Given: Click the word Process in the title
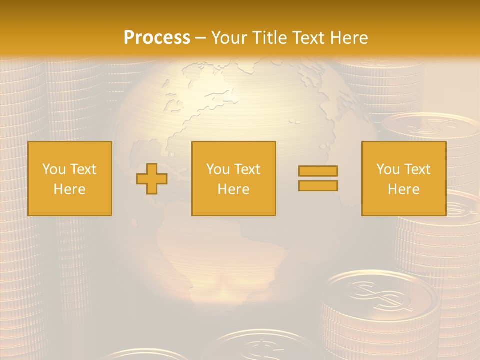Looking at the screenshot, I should tap(157, 37).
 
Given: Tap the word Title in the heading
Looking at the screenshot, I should tap(269, 37).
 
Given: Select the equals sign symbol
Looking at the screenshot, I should tap(318, 178).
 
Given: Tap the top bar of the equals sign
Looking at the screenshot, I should tap(318, 171).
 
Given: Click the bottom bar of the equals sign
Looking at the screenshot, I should tap(318, 185).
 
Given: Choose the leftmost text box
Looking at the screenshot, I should tap(70, 178).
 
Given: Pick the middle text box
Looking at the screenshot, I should tap(233, 178).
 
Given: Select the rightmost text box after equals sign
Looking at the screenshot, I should tap(404, 178).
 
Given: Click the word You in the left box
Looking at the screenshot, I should tap(54, 169).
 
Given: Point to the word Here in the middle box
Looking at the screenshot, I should tap(233, 189).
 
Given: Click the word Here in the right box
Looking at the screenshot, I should tap(404, 189).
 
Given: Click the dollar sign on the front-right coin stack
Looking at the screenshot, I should tap(378, 295).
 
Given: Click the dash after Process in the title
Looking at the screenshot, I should tap(200, 38).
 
